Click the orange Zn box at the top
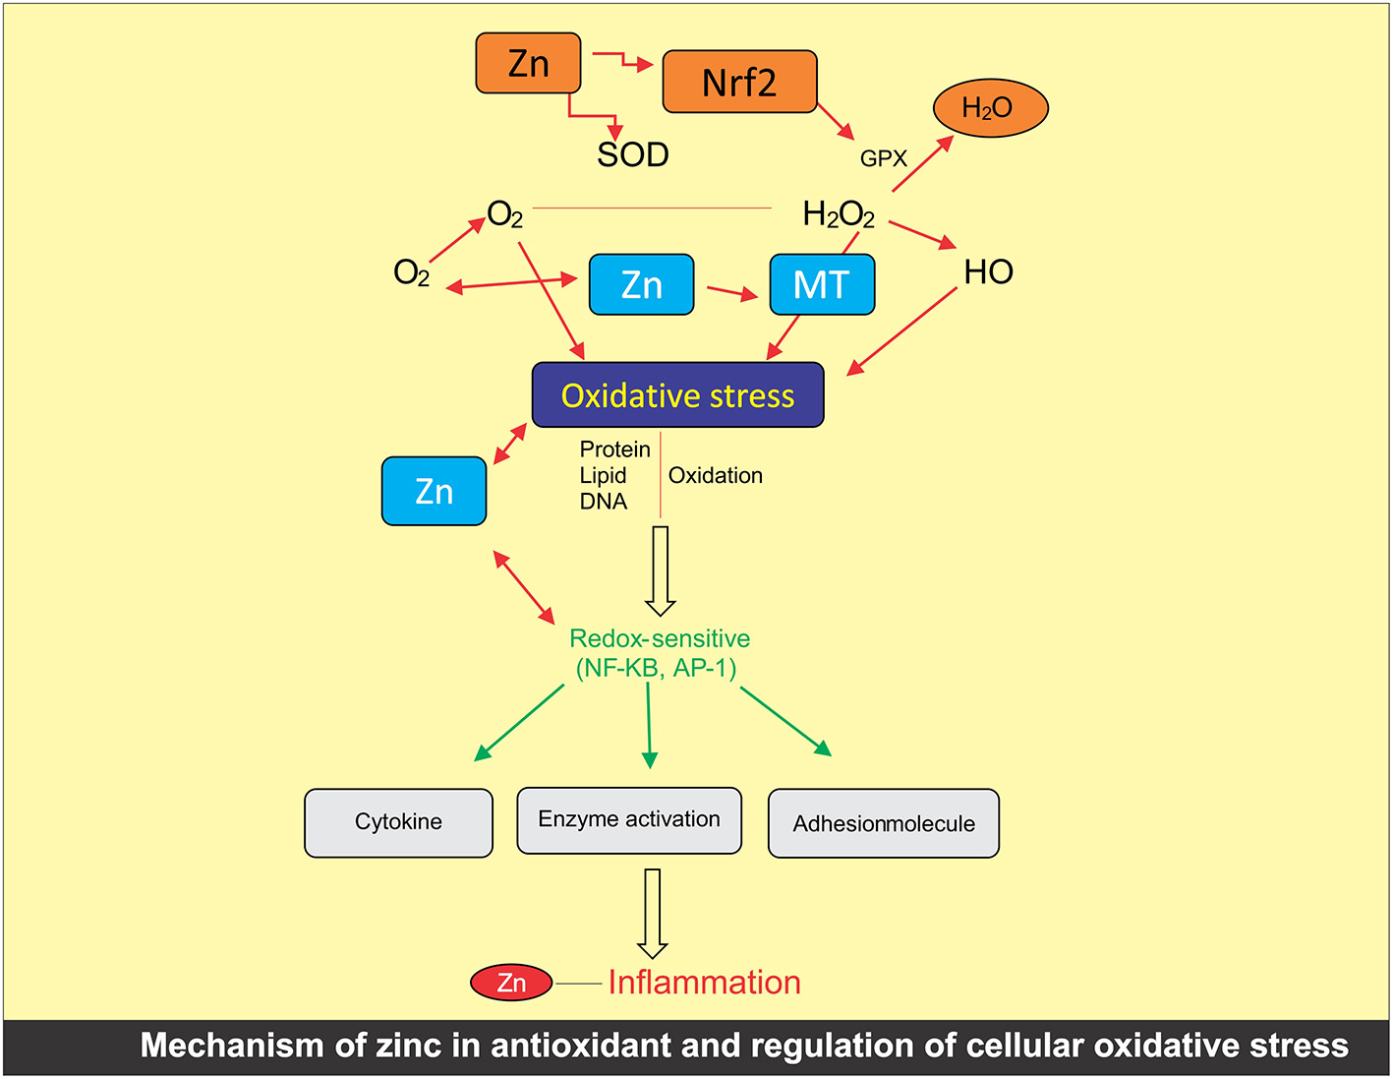coord(528,64)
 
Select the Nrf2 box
coord(739,82)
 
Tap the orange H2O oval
coord(990,108)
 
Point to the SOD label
coord(633,154)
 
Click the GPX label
coord(883,158)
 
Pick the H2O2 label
coord(839,214)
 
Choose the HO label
coord(988,271)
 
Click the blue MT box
coord(822,285)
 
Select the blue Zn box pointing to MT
coord(642,285)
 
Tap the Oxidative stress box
coord(677,395)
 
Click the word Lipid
coord(603,476)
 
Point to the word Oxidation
coord(715,476)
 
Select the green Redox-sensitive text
coord(660,639)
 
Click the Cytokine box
coord(398,822)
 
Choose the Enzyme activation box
coord(629,820)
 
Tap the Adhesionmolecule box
coord(884,824)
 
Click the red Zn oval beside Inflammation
coord(511,983)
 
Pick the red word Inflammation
coord(704,983)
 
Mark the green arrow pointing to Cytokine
coord(519,723)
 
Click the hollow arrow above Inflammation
coord(653,913)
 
